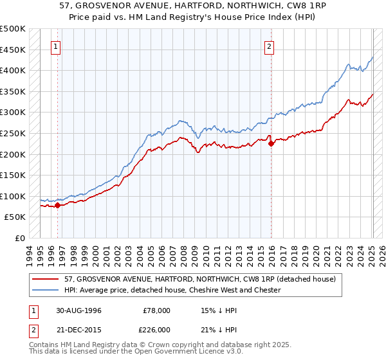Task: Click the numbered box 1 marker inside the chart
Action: (57, 46)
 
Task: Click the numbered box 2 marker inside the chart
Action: (268, 46)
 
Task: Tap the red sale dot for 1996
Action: (57, 205)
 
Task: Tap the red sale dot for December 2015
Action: (271, 144)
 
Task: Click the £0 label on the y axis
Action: (21, 238)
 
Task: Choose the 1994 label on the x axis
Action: (30, 254)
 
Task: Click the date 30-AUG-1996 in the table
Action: (78, 310)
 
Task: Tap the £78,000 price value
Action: (157, 310)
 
